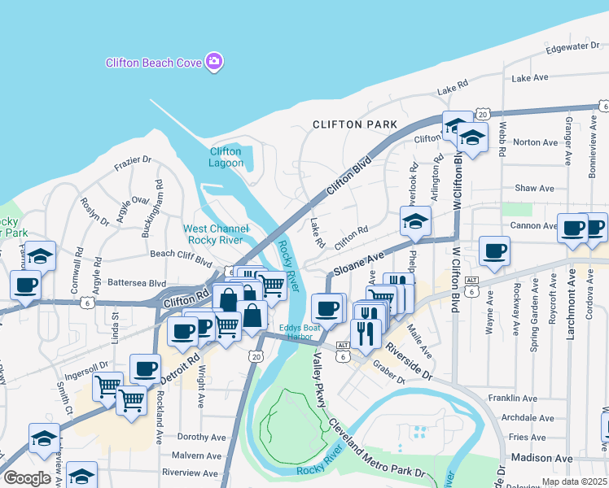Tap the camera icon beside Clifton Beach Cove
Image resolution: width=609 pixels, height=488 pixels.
click(214, 62)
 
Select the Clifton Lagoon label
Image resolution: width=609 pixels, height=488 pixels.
click(226, 157)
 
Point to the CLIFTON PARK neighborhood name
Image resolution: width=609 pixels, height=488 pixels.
click(355, 124)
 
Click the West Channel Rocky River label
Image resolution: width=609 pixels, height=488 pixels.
click(216, 234)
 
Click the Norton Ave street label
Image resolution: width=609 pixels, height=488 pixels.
click(535, 142)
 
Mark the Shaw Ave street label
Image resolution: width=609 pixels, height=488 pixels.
click(534, 188)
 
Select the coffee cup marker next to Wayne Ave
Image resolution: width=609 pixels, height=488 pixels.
click(494, 251)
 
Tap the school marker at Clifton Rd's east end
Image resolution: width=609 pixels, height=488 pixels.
click(415, 220)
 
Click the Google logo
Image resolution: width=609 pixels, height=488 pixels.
click(27, 478)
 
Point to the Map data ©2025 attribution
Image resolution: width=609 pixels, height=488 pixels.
click(575, 481)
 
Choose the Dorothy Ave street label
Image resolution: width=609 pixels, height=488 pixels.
click(200, 437)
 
